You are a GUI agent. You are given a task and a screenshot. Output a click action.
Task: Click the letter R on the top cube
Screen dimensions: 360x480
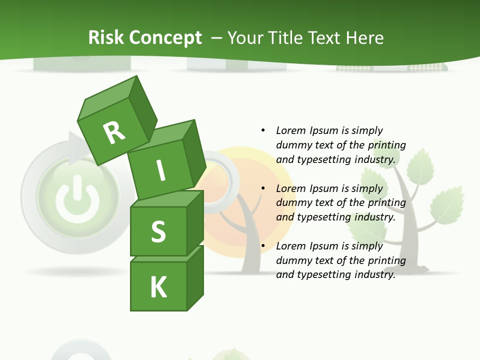pos(114,132)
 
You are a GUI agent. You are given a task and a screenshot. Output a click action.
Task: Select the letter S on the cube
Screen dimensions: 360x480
pos(158,232)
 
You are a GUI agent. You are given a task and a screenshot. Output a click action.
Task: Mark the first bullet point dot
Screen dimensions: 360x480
pos(263,130)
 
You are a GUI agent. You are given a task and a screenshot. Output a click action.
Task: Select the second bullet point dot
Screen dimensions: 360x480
pos(263,188)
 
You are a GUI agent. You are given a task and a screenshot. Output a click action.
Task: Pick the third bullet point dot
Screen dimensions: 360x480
pos(263,246)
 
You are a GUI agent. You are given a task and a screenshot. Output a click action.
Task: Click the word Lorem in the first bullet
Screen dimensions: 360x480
pos(290,130)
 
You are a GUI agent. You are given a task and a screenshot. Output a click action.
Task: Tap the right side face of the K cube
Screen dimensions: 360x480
pos(195,277)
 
